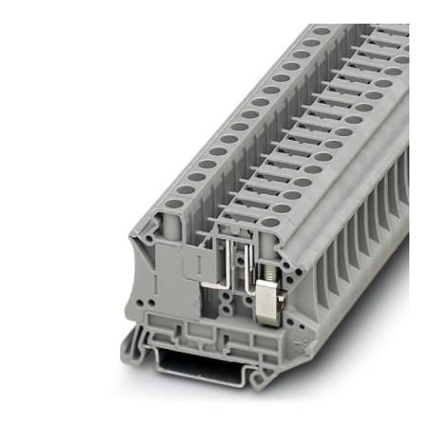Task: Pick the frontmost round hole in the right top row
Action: click(271, 223)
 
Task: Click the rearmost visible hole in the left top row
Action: click(322, 31)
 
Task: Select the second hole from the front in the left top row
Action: click(185, 189)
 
